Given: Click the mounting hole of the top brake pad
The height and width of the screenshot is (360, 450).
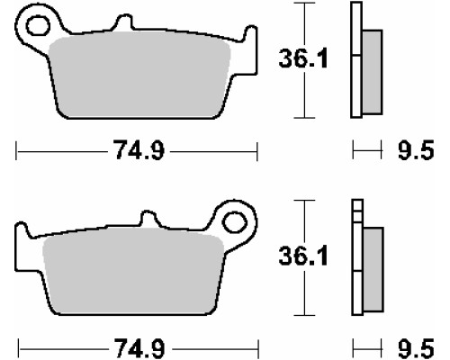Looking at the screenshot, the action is [x=38, y=25].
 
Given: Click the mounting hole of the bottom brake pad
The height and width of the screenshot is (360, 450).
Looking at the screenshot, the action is [x=235, y=222].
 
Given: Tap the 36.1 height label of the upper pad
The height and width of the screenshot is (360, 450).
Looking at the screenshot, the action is [x=303, y=58].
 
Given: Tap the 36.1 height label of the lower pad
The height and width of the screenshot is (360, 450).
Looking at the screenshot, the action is [x=303, y=256].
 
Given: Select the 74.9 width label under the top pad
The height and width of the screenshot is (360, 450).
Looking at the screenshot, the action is [x=139, y=150].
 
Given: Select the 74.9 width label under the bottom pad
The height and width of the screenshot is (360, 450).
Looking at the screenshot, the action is [x=139, y=348].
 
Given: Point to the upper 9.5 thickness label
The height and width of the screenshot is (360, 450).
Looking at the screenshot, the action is [x=416, y=150].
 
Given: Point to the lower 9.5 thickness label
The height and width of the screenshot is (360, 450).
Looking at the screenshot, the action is [x=416, y=348].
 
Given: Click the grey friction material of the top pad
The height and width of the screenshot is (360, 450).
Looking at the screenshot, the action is [x=139, y=74].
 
